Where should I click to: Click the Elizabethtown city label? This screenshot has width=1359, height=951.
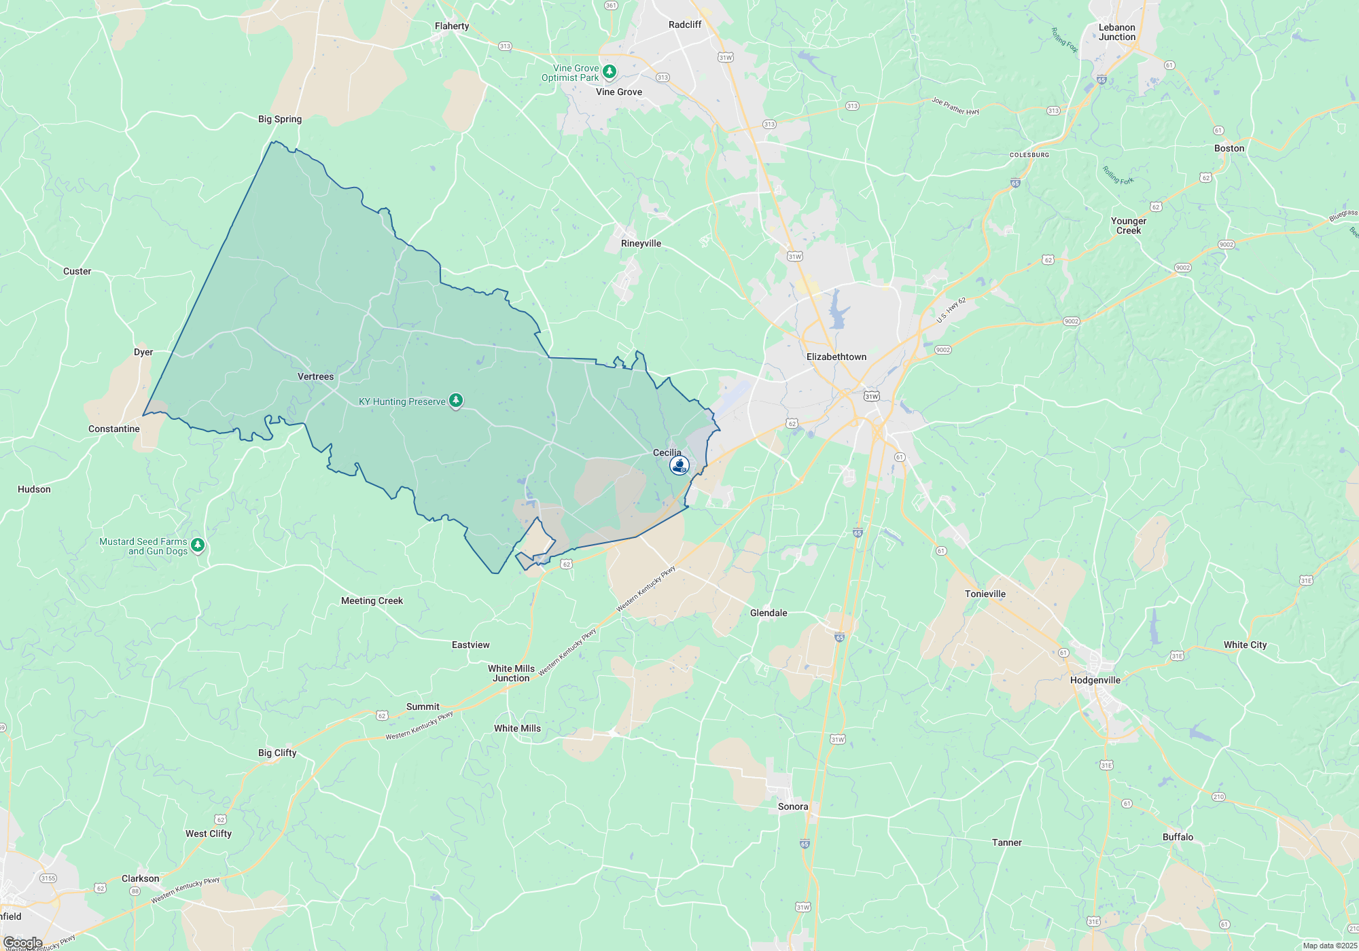(836, 357)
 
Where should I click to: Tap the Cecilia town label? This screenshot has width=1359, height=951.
(667, 452)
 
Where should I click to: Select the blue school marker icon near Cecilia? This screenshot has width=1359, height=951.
(679, 465)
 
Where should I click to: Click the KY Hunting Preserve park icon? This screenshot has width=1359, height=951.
(457, 401)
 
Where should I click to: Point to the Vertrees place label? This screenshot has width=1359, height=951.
(315, 376)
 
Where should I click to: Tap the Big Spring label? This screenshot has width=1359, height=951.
(279, 119)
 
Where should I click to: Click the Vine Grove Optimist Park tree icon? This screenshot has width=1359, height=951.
(610, 71)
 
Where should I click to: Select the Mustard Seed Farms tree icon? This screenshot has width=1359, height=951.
(198, 545)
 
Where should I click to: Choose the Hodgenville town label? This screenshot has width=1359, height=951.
(1095, 680)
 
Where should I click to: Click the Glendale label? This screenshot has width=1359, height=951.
(769, 613)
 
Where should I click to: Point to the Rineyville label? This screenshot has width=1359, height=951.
(641, 243)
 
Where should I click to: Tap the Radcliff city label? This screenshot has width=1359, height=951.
(684, 24)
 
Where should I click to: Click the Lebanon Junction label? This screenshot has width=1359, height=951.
(1116, 33)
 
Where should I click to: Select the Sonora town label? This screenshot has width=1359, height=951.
(792, 806)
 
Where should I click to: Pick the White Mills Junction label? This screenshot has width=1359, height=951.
(511, 673)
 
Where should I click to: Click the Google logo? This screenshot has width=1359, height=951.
(23, 943)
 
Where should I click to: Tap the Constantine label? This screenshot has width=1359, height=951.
(113, 429)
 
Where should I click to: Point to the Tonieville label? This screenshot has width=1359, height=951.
(985, 594)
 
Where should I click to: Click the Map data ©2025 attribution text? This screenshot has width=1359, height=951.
(1329, 946)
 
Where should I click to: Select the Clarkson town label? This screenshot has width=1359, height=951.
(140, 878)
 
